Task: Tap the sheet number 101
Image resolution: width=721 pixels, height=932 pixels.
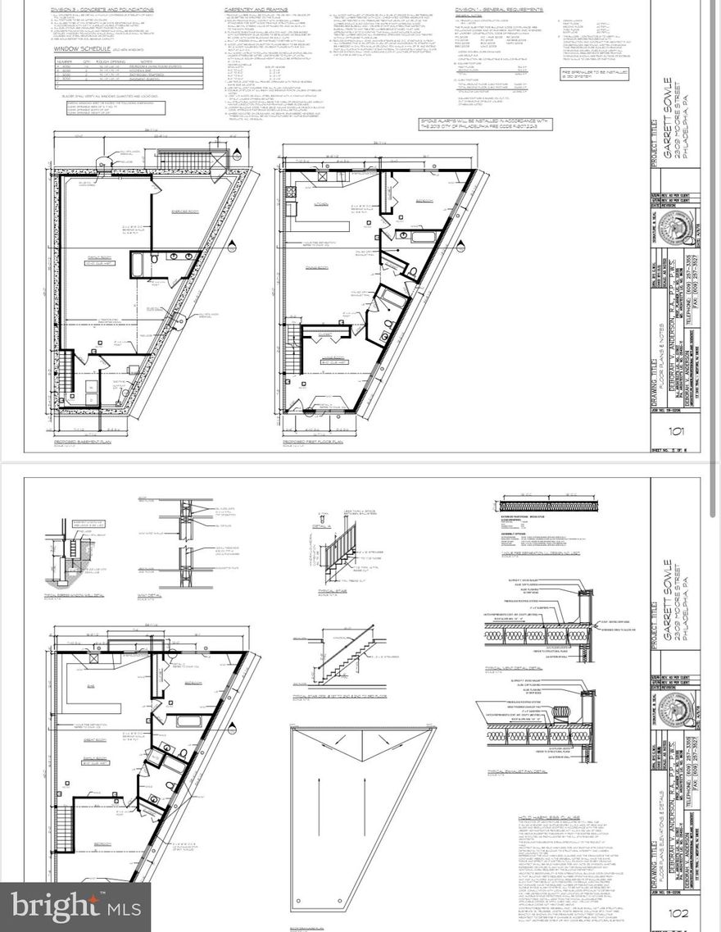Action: (x=676, y=432)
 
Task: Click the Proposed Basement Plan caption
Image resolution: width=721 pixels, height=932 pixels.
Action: (x=84, y=443)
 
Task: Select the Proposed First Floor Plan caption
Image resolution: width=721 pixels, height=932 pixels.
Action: (x=316, y=443)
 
